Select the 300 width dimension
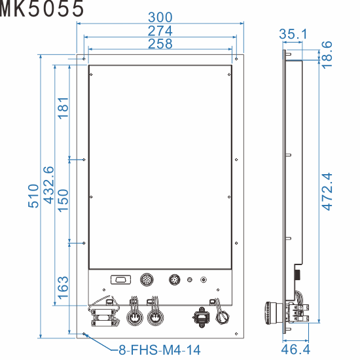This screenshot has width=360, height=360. [x=160, y=16]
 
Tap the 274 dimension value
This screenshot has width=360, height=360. [x=160, y=31]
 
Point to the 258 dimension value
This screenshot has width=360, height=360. [x=160, y=44]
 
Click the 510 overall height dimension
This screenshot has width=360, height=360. [x=35, y=196]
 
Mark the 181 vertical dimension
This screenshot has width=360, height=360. [x=63, y=108]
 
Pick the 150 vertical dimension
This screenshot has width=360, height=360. [x=63, y=200]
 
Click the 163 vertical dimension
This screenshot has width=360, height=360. [x=63, y=288]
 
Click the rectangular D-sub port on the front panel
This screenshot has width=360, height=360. [x=119, y=279]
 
